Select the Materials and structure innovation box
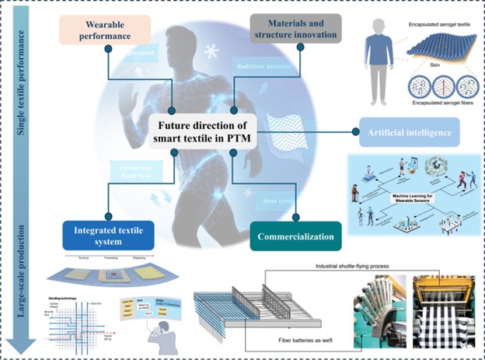(295, 29)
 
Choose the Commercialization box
(296, 236)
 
